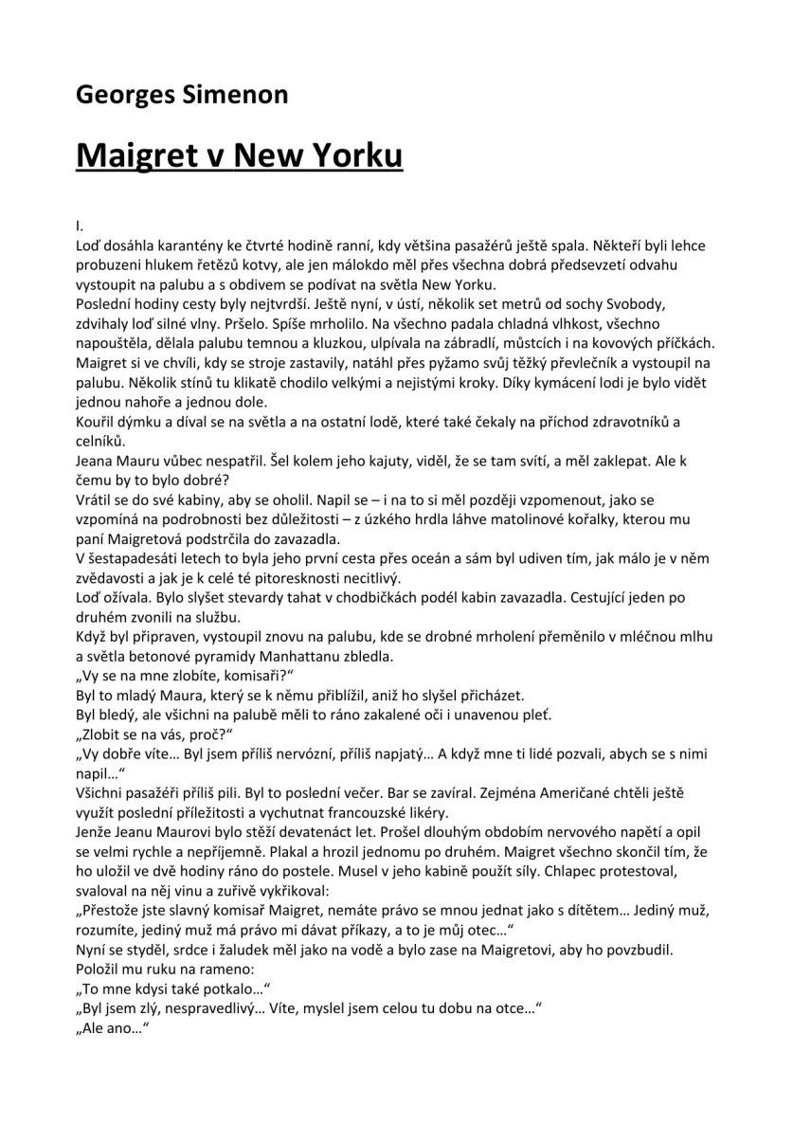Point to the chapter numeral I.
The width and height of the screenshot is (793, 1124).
pyautogui.click(x=80, y=227)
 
